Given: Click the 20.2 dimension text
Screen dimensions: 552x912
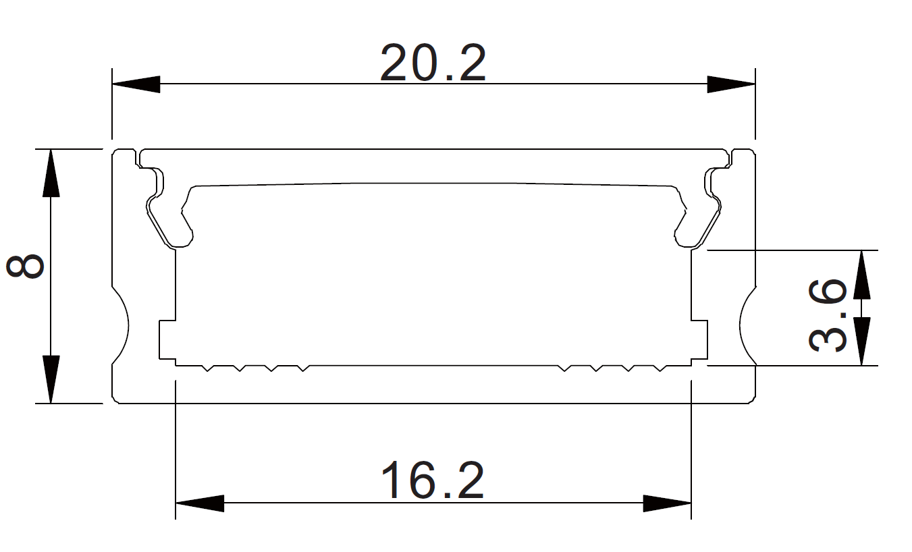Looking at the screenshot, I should tap(433, 63).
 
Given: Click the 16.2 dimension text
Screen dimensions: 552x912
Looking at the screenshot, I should tap(433, 480).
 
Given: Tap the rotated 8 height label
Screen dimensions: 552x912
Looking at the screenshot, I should tap(26, 267).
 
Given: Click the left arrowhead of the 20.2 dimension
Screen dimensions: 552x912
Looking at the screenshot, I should tap(136, 84).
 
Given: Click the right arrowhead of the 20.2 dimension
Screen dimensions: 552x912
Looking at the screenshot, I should tap(731, 84).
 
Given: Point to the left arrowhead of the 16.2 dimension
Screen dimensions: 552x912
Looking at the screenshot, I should tap(199, 503).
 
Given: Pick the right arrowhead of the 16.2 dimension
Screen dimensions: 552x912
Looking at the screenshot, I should tap(667, 503).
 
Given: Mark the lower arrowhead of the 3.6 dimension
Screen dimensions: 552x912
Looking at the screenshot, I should tap(862, 341).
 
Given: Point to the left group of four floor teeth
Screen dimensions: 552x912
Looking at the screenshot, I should tap(256, 368).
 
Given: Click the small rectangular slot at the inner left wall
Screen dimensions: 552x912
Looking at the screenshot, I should tap(167, 339).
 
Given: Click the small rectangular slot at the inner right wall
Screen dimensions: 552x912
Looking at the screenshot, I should tap(699, 339).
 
